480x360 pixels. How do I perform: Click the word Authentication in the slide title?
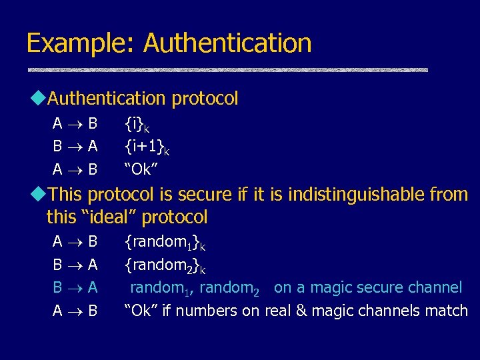(227, 43)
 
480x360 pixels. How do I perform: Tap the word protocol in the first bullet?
(205, 99)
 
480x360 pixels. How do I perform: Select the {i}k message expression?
(137, 123)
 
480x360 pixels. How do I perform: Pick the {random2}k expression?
(165, 266)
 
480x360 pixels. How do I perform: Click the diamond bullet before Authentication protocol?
(37, 99)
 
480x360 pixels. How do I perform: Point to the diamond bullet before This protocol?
(37, 195)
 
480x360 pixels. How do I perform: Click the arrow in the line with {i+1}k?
(75, 146)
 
